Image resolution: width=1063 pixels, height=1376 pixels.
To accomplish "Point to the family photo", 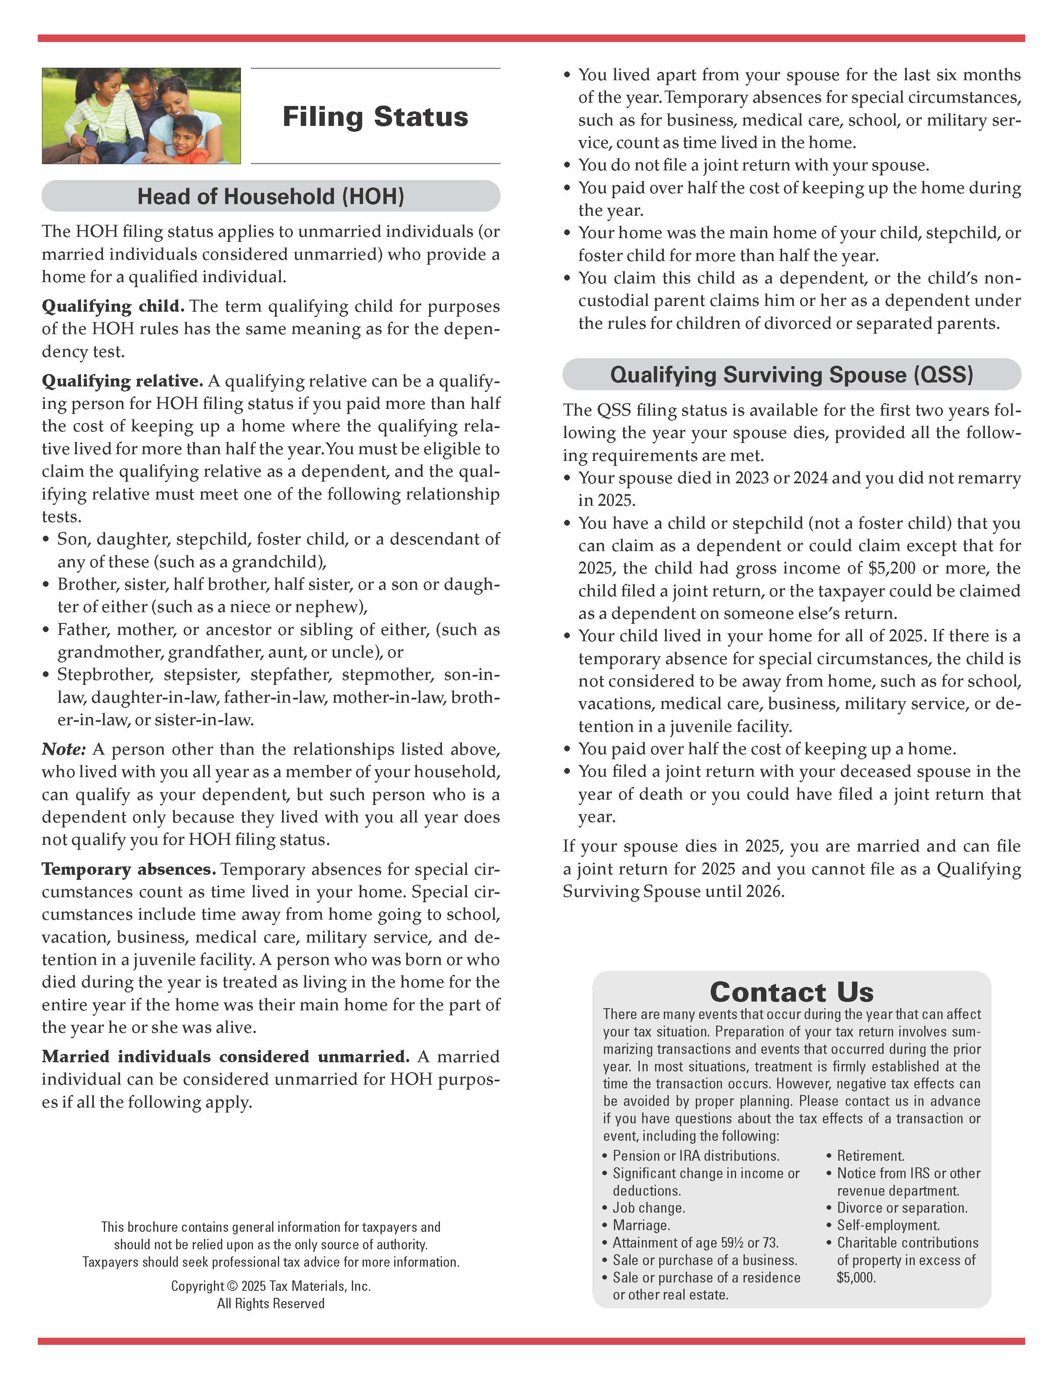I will click(141, 116).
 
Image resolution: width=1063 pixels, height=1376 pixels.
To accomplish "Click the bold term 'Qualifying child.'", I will click(113, 307).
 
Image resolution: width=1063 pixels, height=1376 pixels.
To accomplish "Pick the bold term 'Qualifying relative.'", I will click(122, 381).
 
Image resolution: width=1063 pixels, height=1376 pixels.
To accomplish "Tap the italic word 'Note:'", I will click(64, 750).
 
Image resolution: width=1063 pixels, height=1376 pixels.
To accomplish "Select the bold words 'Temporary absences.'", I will click(128, 869).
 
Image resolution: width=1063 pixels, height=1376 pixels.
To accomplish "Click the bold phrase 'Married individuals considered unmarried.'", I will click(226, 1056).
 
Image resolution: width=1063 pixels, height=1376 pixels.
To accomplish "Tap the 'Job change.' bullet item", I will click(648, 1208).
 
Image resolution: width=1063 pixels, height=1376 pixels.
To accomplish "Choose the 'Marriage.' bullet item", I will click(641, 1226).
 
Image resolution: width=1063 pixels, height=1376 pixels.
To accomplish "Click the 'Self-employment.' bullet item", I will click(888, 1226).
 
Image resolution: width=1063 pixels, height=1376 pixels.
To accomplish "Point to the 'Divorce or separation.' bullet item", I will click(902, 1208).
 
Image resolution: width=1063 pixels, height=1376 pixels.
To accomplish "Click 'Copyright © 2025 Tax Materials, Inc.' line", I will click(271, 1286).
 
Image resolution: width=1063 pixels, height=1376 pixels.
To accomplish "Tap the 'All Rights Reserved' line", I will click(271, 1304).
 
